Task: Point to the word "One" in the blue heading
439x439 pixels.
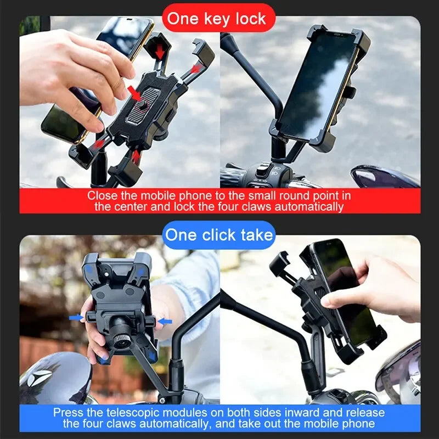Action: (180, 235)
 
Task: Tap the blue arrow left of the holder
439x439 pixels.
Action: (75, 318)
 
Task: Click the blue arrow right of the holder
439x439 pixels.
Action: (164, 320)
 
